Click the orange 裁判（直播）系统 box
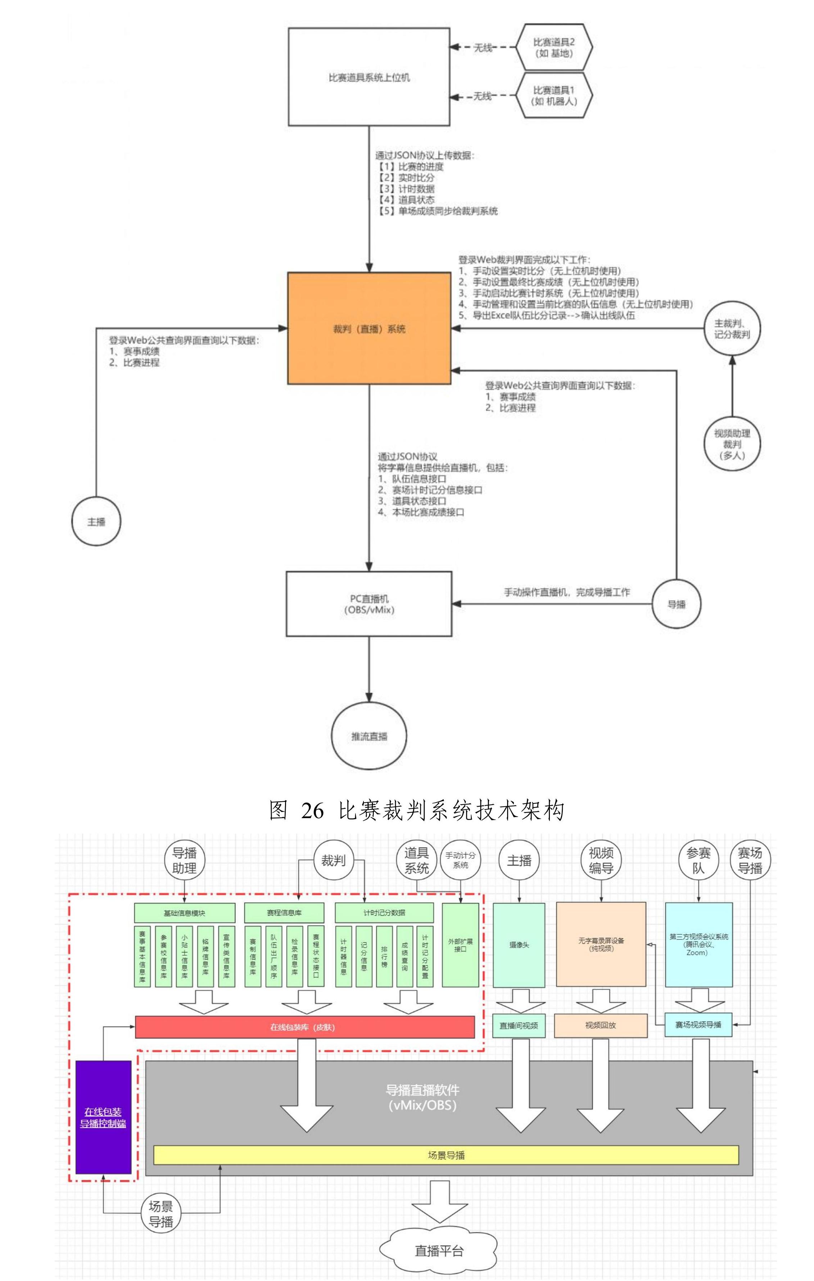tap(369, 328)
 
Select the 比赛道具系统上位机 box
tap(369, 77)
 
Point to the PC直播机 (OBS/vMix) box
tap(369, 604)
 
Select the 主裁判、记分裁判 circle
tap(732, 329)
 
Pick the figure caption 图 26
tap(417, 811)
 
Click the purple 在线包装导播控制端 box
tap(103, 1117)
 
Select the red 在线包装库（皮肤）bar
tap(304, 1027)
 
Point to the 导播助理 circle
tap(184, 861)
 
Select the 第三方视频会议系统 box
tap(698, 944)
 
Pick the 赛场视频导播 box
tap(698, 1025)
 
